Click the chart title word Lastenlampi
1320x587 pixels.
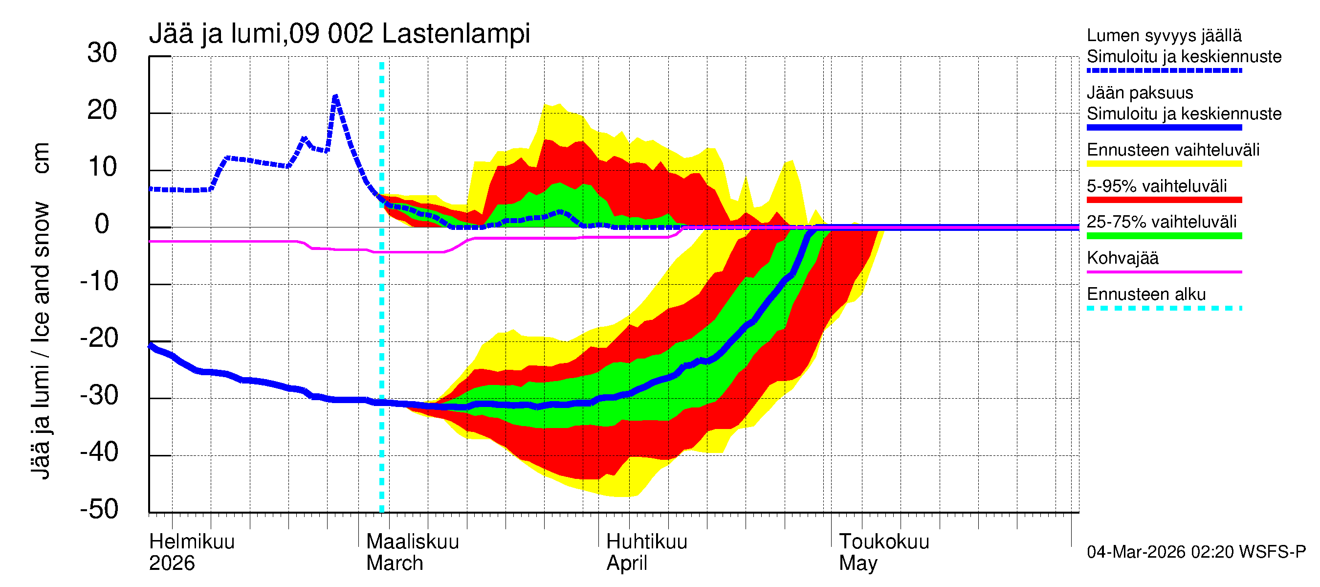pyautogui.click(x=456, y=34)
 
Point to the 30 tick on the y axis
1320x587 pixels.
pyautogui.click(x=102, y=53)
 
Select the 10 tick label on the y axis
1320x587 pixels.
pyautogui.click(x=102, y=168)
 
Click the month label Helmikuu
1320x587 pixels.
pyautogui.click(x=192, y=542)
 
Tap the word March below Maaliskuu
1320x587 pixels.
pyautogui.click(x=394, y=563)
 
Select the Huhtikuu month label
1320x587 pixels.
pyautogui.click(x=646, y=542)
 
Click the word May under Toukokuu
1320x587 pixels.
pyautogui.click(x=858, y=563)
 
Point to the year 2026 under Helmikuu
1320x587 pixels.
pyautogui.click(x=172, y=563)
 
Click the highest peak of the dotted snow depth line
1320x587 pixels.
pyautogui.click(x=335, y=96)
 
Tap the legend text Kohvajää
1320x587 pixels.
pyautogui.click(x=1122, y=258)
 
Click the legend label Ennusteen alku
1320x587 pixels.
pyautogui.click(x=1146, y=294)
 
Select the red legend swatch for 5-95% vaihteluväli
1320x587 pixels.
pyautogui.click(x=1164, y=200)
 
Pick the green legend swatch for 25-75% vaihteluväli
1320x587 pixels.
pyautogui.click(x=1164, y=236)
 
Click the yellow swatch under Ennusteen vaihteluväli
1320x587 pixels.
pyautogui.click(x=1164, y=164)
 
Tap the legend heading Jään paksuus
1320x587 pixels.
pyautogui.click(x=1140, y=93)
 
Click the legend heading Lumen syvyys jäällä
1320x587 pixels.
pyautogui.click(x=1164, y=35)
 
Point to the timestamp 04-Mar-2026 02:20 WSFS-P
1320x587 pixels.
pyautogui.click(x=1196, y=552)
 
